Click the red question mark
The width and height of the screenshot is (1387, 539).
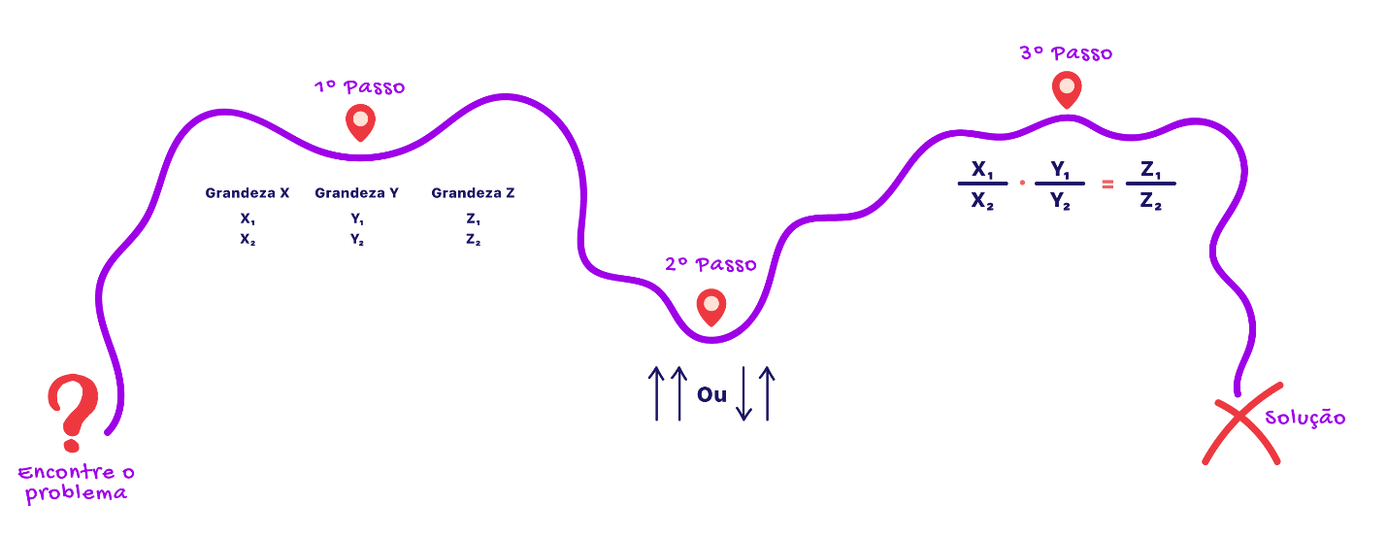click(74, 412)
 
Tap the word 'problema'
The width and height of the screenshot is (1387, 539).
click(76, 494)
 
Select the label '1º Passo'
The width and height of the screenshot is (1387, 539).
click(360, 86)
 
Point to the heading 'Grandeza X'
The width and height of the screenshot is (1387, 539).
click(248, 193)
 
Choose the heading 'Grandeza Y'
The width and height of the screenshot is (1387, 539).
click(356, 193)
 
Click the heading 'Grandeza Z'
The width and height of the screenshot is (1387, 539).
click(473, 193)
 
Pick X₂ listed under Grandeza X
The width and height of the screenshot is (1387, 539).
click(248, 239)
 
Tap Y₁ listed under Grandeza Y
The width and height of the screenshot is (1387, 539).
click(357, 219)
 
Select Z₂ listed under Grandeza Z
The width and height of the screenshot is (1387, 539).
click(473, 239)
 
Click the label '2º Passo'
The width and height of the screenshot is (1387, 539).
click(710, 264)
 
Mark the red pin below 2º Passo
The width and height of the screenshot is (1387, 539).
click(711, 307)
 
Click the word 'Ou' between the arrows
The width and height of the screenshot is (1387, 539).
click(712, 394)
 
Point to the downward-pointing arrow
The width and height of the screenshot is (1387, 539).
click(743, 393)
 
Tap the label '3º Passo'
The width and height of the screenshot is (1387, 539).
click(1067, 53)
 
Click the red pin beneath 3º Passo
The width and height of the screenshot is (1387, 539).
click(1067, 89)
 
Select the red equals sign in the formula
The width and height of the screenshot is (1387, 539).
click(1107, 184)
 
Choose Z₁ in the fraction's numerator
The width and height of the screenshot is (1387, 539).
click(1151, 169)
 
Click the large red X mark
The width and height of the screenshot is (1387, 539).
click(1240, 423)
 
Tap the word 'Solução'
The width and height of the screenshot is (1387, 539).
click(1305, 418)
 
